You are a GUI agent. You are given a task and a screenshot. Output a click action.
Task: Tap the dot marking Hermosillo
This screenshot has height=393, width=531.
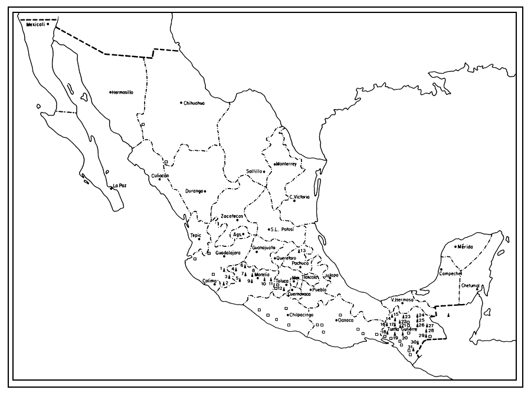pyautogui.click(x=110, y=92)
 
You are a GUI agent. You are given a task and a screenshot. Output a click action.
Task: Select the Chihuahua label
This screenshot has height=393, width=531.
pyautogui.click(x=194, y=103)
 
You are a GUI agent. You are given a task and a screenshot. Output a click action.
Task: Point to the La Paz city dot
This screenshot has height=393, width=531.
pyautogui.click(x=111, y=188)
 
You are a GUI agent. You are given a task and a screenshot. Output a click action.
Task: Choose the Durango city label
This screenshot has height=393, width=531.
pyautogui.click(x=194, y=191)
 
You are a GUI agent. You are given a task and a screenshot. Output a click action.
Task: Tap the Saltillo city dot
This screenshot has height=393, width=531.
pyautogui.click(x=265, y=171)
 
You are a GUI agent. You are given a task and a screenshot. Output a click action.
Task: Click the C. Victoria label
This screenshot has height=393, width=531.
pyautogui.click(x=299, y=197)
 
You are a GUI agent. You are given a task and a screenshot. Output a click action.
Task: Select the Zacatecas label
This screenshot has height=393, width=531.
pyautogui.click(x=232, y=216)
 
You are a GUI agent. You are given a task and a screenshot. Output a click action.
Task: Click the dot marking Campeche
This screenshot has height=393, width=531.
pyautogui.click(x=441, y=270)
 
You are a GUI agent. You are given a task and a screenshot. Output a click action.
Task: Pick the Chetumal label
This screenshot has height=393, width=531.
pyautogui.click(x=471, y=286)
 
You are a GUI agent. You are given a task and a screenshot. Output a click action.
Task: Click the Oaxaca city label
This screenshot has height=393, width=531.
pyautogui.click(x=345, y=321)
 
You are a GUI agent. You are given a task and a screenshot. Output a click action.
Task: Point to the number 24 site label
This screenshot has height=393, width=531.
pyautogui.click(x=421, y=315)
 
